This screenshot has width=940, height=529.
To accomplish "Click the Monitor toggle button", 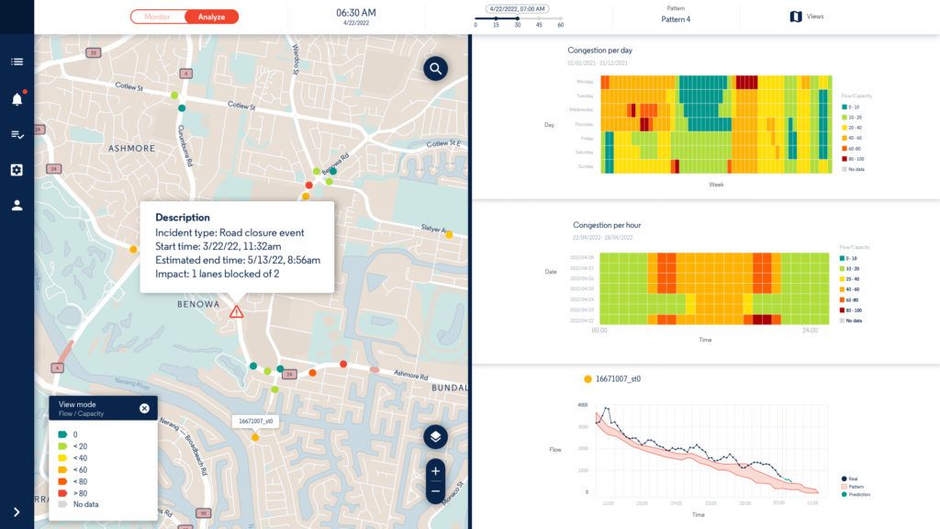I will pos(158,17).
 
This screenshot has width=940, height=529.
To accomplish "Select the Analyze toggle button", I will pos(211,17).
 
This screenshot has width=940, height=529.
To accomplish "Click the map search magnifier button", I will pos(435,68).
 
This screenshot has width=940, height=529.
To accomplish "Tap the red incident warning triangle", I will pos(237,312).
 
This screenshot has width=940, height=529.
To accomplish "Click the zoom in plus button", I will pos(435,471).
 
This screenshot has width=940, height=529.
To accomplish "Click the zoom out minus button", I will pos(435,491).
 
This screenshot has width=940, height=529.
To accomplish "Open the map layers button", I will pos(435,436).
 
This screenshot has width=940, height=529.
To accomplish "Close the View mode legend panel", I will pos(144,409).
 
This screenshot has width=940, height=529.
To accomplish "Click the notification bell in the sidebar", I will pos(17,99).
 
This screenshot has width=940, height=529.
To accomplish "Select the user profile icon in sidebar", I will pos(17,206).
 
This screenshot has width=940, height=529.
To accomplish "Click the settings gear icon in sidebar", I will pos(17,170).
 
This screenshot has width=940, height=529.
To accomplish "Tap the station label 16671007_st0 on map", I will pos(255,422).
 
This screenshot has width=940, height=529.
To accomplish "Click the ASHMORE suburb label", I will pos(132,148).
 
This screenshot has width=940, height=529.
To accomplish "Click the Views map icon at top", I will pos(796,17).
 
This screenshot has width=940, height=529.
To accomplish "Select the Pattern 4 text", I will pos(676,19).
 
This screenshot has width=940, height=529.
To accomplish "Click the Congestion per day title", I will pos(600,51).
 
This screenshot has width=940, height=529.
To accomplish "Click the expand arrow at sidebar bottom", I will pos(17,512).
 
